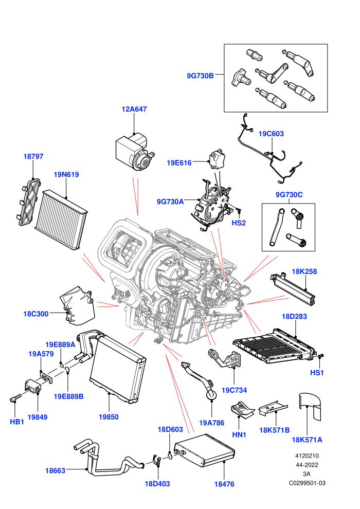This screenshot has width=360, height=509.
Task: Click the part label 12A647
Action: click(x=134, y=109)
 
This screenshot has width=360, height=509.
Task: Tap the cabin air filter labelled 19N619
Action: click(x=61, y=219)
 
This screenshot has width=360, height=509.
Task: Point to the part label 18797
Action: click(x=33, y=156)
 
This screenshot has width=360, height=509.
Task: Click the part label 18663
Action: click(x=55, y=470)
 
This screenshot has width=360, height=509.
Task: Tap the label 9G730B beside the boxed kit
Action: click(x=200, y=76)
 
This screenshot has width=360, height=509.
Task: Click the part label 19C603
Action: click(x=271, y=133)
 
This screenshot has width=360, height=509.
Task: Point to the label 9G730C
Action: click(x=289, y=194)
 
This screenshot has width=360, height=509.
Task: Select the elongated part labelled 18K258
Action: click(x=293, y=288)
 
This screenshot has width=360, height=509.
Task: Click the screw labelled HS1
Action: click(x=321, y=356)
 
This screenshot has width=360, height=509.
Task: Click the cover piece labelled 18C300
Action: click(x=78, y=305)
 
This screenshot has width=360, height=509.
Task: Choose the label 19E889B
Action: click(x=68, y=396)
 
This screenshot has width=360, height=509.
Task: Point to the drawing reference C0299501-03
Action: click(x=307, y=483)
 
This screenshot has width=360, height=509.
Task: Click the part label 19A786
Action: click(x=212, y=423)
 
